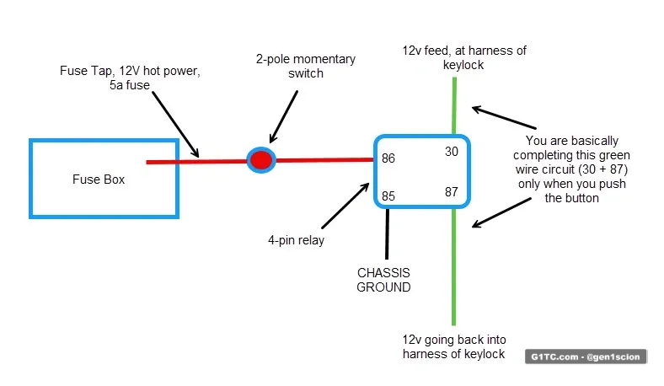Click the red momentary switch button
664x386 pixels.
[261, 159]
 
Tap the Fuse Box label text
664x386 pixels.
[98, 180]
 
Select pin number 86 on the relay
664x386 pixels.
[388, 158]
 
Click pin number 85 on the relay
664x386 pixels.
[388, 196]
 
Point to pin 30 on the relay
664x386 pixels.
[452, 152]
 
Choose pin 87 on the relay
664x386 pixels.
[452, 191]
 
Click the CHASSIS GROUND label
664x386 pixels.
[383, 280]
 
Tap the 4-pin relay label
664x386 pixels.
[296, 240]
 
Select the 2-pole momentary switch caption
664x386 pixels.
[306, 66]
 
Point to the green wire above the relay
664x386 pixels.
[454, 105]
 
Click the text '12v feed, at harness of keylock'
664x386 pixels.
[463, 57]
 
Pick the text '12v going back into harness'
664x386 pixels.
[454, 346]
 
